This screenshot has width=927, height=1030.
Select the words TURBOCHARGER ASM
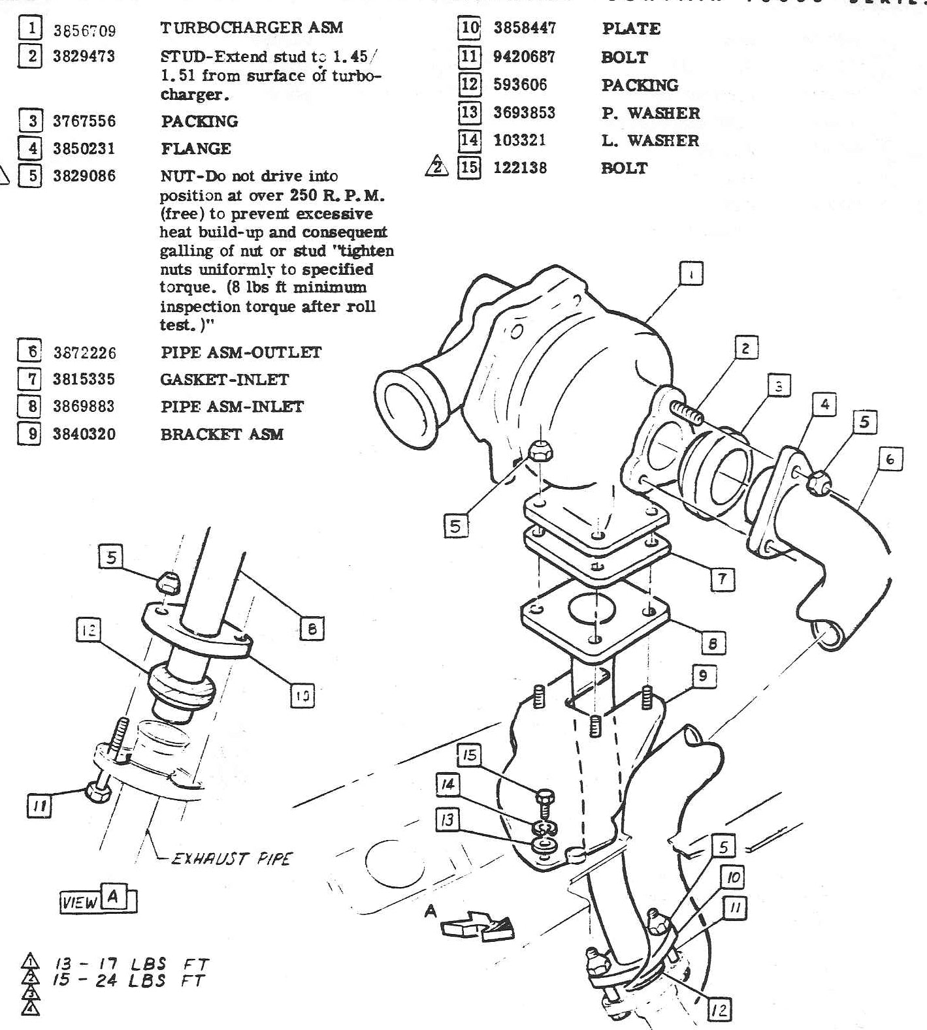(251, 27)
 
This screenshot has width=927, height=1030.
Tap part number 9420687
(524, 57)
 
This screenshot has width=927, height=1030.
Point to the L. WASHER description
(650, 140)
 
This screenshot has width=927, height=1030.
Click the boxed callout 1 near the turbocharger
(692, 273)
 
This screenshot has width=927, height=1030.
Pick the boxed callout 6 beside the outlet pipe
(890, 460)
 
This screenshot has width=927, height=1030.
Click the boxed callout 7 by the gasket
(722, 578)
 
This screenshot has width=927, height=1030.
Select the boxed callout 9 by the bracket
(703, 676)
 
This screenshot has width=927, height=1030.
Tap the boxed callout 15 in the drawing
(469, 756)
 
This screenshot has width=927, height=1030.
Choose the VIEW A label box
(98, 901)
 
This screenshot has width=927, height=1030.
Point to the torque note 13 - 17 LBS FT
(131, 964)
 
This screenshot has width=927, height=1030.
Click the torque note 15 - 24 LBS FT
(131, 980)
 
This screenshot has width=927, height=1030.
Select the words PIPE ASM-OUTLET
(241, 352)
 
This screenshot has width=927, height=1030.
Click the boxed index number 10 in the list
(470, 28)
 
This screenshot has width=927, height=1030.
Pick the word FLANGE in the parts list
(196, 149)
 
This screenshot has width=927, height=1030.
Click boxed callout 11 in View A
(39, 807)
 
